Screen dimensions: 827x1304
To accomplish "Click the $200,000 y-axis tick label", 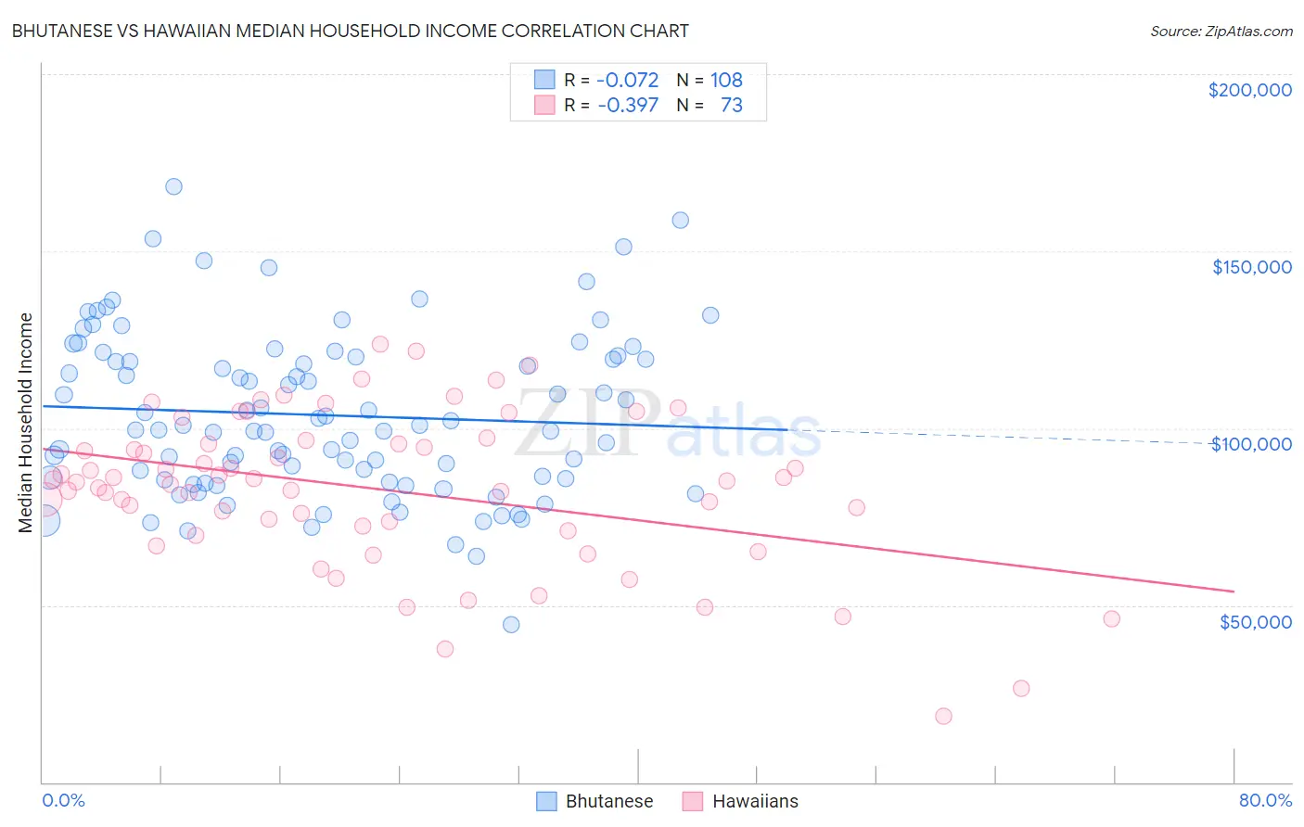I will coord(1249,90).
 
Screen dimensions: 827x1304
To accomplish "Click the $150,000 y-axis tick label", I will coord(1251,267).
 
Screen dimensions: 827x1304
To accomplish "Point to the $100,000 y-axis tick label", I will coord(1251,444).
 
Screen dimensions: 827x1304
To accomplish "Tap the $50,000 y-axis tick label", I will coord(1255,622).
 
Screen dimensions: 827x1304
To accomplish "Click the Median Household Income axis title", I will coord(25,423).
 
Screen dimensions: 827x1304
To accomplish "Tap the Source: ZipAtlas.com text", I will coord(1221,31).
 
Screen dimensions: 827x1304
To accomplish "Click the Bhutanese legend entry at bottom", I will coord(595,801).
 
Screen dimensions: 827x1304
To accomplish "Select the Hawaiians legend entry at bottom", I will coord(740,801).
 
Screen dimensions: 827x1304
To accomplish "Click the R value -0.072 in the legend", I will coord(628,81).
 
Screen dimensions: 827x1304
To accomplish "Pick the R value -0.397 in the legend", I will coord(628,106).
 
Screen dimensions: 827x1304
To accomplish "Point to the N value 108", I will coord(726,81).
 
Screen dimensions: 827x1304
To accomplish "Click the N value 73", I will coord(732,106).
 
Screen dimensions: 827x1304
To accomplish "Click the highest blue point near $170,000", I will coord(173,186).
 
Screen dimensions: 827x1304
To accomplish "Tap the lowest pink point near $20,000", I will coord(943,716).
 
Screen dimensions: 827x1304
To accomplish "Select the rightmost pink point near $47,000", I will coord(1111,618).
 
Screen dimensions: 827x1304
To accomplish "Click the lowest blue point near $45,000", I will coord(511,625).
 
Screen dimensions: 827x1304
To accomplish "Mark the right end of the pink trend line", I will coord(1234,592).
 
